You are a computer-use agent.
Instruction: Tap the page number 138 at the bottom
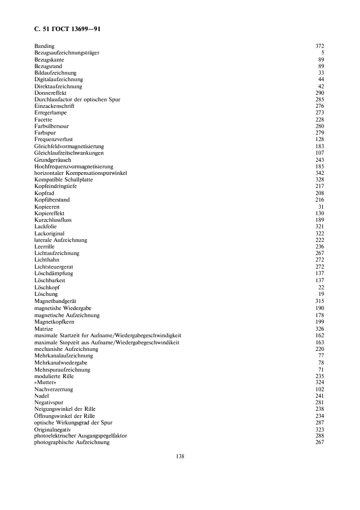(180, 456)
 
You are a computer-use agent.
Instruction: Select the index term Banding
(44, 46)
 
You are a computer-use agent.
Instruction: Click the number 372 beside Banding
(320, 46)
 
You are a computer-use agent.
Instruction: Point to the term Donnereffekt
(50, 93)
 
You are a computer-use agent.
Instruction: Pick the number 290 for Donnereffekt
(320, 93)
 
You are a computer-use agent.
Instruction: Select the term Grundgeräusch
(52, 160)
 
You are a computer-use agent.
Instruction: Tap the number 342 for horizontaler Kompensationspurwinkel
(320, 173)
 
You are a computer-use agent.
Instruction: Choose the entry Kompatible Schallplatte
(63, 179)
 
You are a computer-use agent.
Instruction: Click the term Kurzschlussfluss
(53, 220)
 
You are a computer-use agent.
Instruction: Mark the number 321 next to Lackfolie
(320, 226)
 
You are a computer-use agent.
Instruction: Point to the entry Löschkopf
(47, 287)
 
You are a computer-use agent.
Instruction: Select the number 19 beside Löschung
(321, 294)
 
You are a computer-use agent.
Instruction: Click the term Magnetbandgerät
(56, 301)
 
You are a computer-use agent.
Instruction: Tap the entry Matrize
(44, 329)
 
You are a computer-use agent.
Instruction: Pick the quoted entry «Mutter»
(45, 382)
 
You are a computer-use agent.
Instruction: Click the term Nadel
(41, 396)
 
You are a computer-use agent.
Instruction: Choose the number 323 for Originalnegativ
(320, 429)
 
